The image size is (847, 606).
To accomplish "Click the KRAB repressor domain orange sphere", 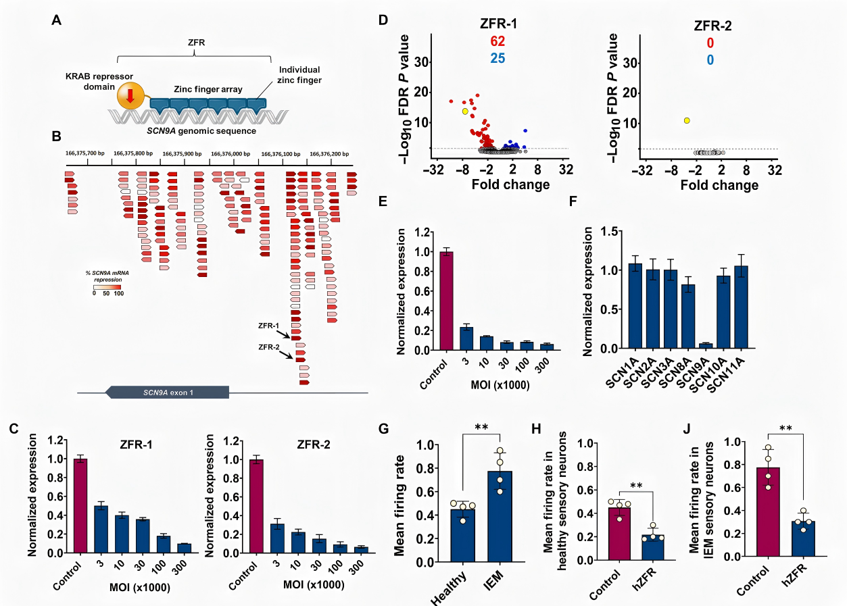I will pos(129,97).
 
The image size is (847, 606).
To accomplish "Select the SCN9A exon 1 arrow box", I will pos(167,392).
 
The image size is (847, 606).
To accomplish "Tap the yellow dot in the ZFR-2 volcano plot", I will pos(687,120).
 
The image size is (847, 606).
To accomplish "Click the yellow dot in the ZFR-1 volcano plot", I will pos(465,111).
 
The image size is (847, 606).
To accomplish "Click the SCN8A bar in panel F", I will pos(687,316).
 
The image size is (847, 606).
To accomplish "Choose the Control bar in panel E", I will pos(447,301).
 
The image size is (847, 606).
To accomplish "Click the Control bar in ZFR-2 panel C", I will pos(256,506).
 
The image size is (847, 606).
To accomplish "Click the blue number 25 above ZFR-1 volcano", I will pos(499,59).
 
